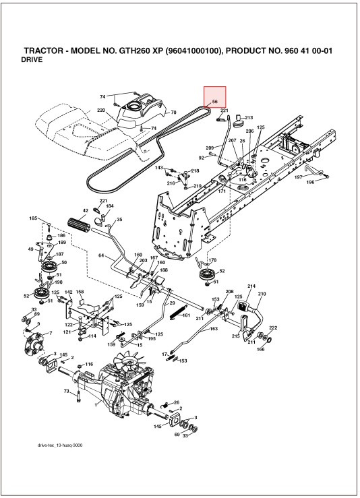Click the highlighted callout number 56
(x=214, y=101)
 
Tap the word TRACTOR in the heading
(x=46, y=51)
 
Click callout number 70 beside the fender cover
(x=173, y=112)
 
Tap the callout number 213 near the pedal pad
(x=248, y=117)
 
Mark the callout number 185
(x=33, y=218)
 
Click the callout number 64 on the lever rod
(x=101, y=255)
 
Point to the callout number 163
(x=214, y=330)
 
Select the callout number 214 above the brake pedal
(x=251, y=286)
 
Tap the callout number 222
(x=273, y=328)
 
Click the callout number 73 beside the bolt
(x=67, y=392)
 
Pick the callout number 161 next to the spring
(x=186, y=315)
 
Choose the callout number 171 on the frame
(x=220, y=191)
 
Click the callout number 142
(x=68, y=292)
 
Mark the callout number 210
(x=262, y=294)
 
